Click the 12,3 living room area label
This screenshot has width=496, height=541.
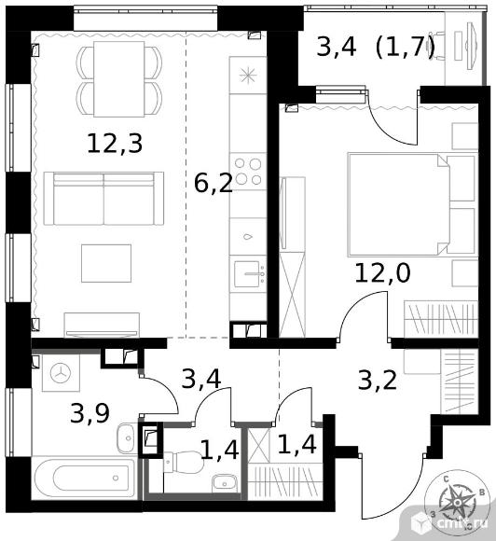pyautogui.click(x=115, y=144)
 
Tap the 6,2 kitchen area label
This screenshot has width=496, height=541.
pyautogui.click(x=214, y=184)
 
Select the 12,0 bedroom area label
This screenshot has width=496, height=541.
pyautogui.click(x=383, y=272)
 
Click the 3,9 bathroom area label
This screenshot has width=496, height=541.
pyautogui.click(x=90, y=413)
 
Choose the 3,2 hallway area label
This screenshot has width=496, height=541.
pyautogui.click(x=378, y=381)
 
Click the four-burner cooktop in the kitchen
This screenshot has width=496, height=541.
pyautogui.click(x=248, y=171)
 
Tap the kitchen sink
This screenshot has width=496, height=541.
pyautogui.click(x=248, y=274)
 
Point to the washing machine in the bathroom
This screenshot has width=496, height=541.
pyautogui.click(x=61, y=373)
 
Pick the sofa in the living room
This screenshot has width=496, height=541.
pyautogui.click(x=103, y=199)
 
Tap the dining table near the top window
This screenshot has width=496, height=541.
pyautogui.click(x=118, y=79)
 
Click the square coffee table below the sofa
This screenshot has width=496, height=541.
pyautogui.click(x=106, y=263)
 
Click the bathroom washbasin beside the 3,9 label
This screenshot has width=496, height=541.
pyautogui.click(x=126, y=437)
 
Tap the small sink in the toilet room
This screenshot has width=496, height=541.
pyautogui.click(x=225, y=482)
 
